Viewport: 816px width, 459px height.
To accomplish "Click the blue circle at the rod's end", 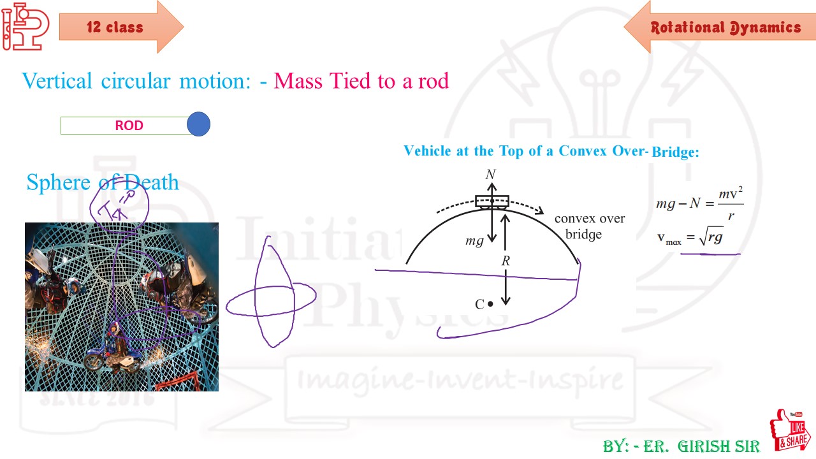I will (x=198, y=124).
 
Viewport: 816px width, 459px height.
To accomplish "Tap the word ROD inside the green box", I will (x=129, y=126).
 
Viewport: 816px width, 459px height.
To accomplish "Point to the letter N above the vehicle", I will (x=490, y=175).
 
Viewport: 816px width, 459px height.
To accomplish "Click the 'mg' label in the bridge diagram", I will (x=474, y=241).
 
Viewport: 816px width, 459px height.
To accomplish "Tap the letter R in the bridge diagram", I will (x=506, y=261).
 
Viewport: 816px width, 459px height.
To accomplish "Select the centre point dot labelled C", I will (x=490, y=305).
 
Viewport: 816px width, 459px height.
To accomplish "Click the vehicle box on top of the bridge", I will (x=492, y=201).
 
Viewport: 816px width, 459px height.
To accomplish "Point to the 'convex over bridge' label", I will (x=589, y=226).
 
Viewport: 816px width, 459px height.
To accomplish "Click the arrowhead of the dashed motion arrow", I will (x=540, y=212).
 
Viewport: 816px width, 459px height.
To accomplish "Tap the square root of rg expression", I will (x=711, y=238).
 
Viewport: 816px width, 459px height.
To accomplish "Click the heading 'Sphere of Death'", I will (x=103, y=182).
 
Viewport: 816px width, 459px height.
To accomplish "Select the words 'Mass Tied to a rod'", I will (x=361, y=81).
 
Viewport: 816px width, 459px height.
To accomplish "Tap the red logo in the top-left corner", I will (x=24, y=26).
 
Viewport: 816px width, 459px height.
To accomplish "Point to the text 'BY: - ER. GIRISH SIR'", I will (x=681, y=446).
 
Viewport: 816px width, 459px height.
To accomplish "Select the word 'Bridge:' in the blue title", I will (x=675, y=153).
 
